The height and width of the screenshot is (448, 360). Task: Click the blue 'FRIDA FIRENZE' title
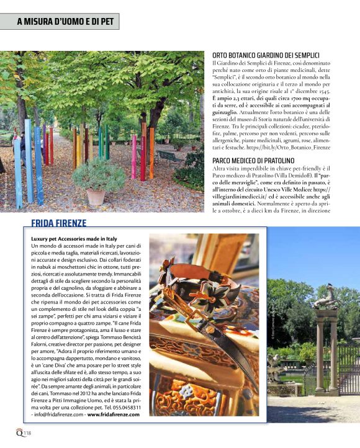[59, 223]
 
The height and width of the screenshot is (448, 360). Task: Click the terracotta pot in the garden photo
[96, 196]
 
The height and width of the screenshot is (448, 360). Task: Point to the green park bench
[168, 156]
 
